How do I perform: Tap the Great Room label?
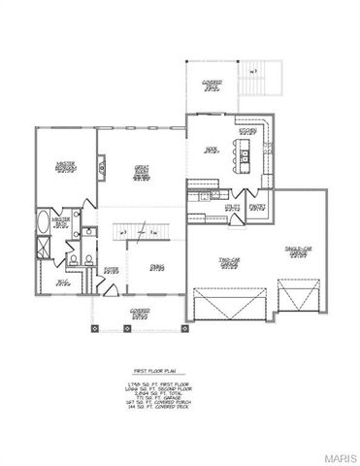(142, 172)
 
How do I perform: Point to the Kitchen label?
(247, 131)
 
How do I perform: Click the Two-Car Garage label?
(230, 264)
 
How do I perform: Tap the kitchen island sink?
(247, 154)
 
